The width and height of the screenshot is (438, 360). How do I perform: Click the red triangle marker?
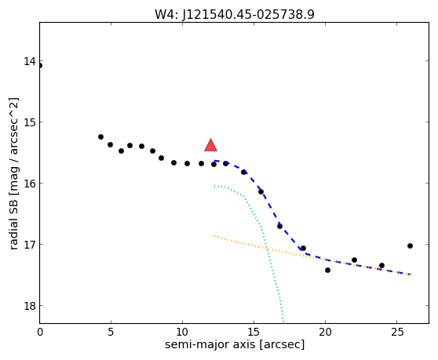[x=210, y=145]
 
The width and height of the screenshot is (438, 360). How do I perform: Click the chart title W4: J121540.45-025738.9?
[x=235, y=15]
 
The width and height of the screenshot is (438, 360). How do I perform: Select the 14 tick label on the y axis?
[x=29, y=61]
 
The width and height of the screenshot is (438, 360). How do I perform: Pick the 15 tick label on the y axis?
[x=29, y=122]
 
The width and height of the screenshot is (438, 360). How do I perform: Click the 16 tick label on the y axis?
[x=29, y=184]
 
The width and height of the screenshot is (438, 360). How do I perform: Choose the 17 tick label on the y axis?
[x=29, y=245]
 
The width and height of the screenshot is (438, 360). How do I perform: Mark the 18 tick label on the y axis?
[x=29, y=306]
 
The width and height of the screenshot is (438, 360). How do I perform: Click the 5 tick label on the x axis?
[x=111, y=332]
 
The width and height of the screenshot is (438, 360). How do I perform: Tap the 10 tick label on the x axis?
[x=182, y=332]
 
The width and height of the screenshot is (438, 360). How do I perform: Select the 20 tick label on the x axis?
[x=325, y=332]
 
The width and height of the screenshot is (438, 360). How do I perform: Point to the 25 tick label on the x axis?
[x=396, y=332]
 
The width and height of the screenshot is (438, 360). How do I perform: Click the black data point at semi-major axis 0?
[x=40, y=66]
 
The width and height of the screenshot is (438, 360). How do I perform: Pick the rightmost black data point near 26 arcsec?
[x=410, y=245]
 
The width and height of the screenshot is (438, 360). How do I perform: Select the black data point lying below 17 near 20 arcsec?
[x=327, y=270]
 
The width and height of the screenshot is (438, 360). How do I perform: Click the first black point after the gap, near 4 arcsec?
[x=100, y=136]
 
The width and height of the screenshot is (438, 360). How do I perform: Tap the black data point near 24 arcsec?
[x=381, y=265]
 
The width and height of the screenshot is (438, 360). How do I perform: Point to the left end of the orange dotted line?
[x=214, y=236]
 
